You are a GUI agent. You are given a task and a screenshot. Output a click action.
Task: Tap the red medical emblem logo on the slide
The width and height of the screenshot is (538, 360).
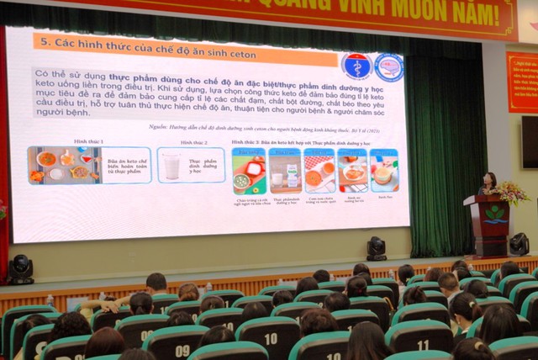(356, 66)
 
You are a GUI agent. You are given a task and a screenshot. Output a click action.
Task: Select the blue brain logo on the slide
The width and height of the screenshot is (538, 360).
(388, 67)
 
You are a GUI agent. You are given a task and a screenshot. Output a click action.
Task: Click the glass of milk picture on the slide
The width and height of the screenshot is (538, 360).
(171, 166)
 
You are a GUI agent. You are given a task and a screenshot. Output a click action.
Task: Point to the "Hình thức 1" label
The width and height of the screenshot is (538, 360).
(88, 141)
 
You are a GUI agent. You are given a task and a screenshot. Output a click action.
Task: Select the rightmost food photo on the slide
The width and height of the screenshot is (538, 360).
(384, 171)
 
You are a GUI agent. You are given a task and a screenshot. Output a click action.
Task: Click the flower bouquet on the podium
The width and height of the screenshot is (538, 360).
(510, 193)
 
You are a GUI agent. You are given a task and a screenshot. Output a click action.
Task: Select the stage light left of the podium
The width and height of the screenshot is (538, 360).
(376, 247)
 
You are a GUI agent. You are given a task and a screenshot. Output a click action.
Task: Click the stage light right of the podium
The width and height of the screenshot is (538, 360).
(520, 244)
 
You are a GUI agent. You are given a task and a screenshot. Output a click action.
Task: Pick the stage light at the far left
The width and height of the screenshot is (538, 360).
(19, 268)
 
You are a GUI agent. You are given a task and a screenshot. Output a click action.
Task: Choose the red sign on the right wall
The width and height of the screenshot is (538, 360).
(521, 82)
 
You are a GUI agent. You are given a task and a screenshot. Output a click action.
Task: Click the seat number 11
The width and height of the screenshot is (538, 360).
(422, 345)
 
